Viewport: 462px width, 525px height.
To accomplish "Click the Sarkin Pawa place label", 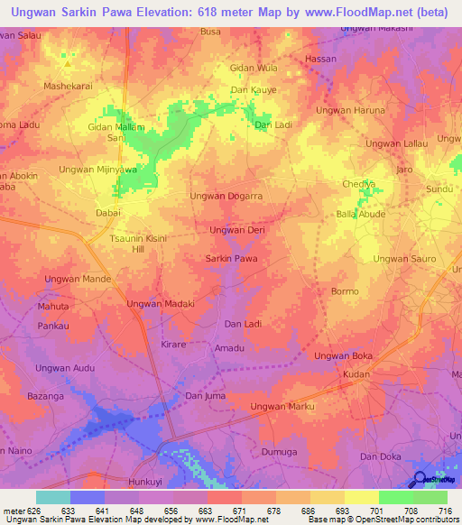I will pos(232,259).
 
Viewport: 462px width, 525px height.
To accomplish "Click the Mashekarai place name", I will pos(69,87).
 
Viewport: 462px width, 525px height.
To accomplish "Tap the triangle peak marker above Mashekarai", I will pos(67,64).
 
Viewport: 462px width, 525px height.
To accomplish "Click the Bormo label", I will pos(345,291).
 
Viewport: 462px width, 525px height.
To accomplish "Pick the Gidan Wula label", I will pos(254,69).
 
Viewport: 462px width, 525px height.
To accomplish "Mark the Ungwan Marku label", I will pos(282,407).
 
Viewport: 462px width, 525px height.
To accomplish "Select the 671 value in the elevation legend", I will pos(240,511).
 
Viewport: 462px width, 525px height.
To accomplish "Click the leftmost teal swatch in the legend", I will pos(52,497).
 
